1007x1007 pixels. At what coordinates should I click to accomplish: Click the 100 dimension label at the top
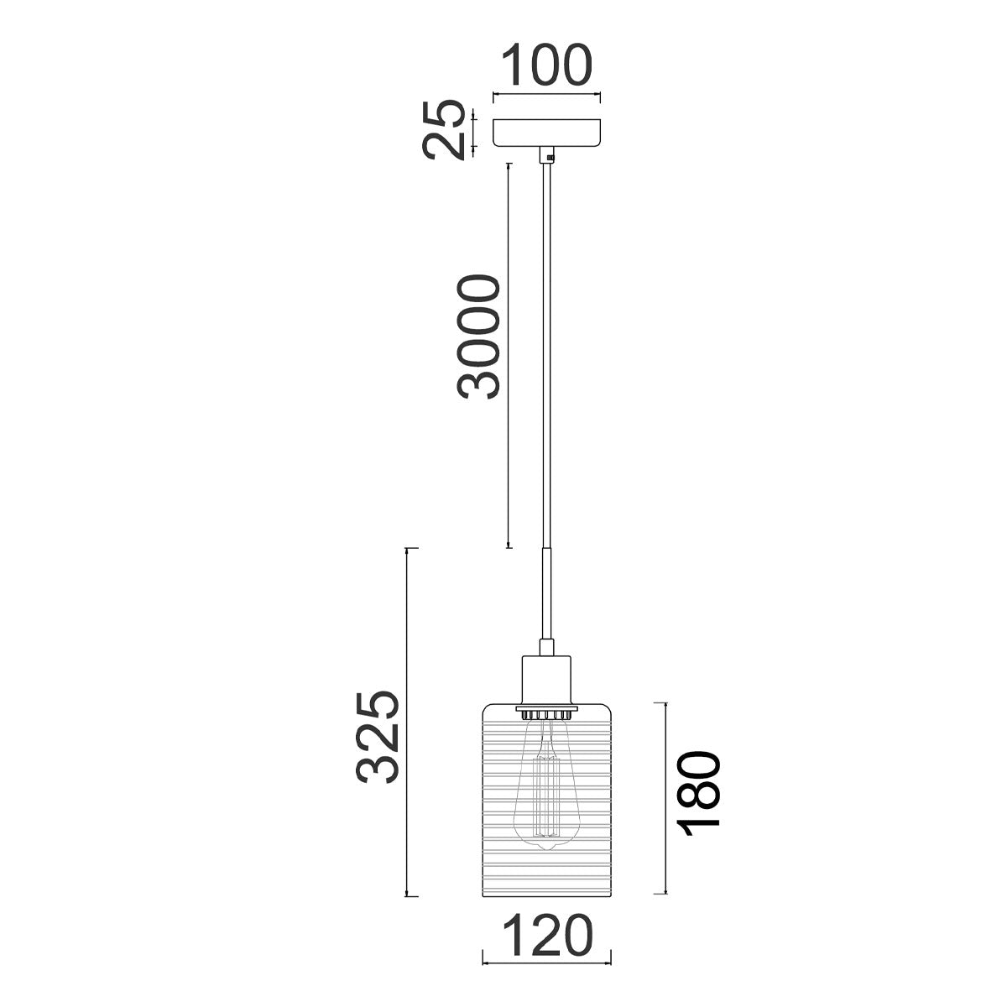tap(546, 66)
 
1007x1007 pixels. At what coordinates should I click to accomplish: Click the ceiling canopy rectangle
tap(547, 133)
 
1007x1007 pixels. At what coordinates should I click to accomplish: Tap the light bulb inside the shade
tap(546, 789)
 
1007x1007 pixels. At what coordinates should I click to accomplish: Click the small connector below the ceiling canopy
tap(547, 156)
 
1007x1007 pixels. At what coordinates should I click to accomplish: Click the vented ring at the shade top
tap(547, 713)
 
